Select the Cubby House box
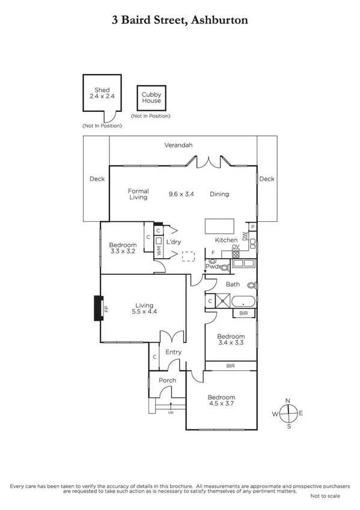tap(151, 98)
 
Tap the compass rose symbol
tap(289, 413)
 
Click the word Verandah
tap(178, 146)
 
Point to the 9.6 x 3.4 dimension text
tap(182, 194)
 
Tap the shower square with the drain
tap(224, 301)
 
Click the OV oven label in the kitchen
tap(236, 247)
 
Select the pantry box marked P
tap(253, 227)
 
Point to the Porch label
tap(167, 381)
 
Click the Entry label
tap(173, 352)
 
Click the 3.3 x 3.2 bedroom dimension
tap(123, 253)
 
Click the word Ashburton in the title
tap(218, 20)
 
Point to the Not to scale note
tap(325, 496)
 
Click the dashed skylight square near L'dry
tap(189, 256)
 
